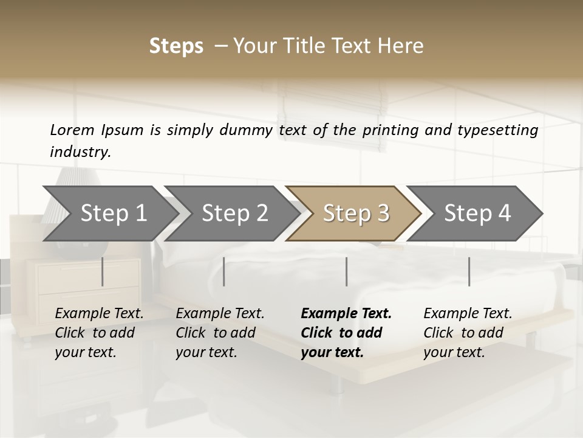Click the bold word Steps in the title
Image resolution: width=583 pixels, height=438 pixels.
[176, 46]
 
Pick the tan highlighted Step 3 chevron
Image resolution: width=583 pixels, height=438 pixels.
[356, 214]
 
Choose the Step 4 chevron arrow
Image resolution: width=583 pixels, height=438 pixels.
[477, 214]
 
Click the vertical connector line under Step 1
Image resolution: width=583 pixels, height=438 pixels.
[103, 271]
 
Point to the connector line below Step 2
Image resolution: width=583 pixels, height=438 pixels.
[224, 271]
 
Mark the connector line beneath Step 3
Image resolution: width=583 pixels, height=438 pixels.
[346, 271]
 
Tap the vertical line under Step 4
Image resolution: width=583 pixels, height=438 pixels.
[469, 271]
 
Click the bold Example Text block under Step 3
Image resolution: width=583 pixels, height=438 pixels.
[346, 333]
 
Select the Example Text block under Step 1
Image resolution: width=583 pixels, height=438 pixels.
[99, 333]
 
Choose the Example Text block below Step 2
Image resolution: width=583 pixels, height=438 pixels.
[220, 333]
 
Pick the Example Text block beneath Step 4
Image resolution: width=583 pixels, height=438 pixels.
[468, 333]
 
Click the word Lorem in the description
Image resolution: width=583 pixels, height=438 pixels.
[72, 130]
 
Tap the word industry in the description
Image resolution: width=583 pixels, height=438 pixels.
[80, 152]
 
